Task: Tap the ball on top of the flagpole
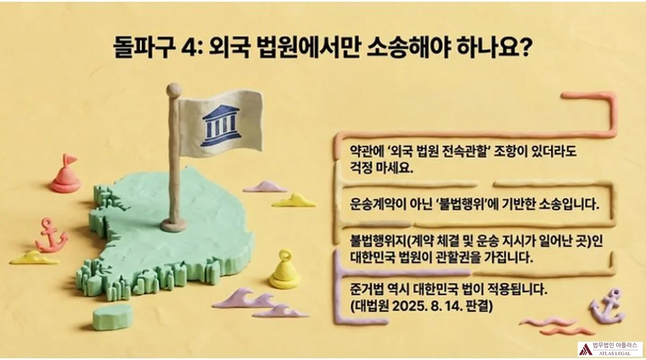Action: pyautogui.click(x=174, y=90)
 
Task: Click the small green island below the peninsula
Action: pyautogui.click(x=112, y=316)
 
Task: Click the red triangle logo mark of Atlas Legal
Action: pyautogui.click(x=585, y=349)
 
